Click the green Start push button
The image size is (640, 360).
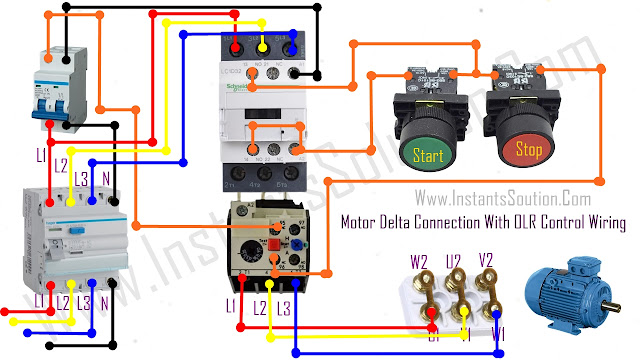click(428, 154)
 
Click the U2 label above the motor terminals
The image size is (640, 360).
click(455, 262)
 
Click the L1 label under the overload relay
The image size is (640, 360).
click(232, 302)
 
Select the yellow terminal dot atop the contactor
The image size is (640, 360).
click(263, 46)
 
